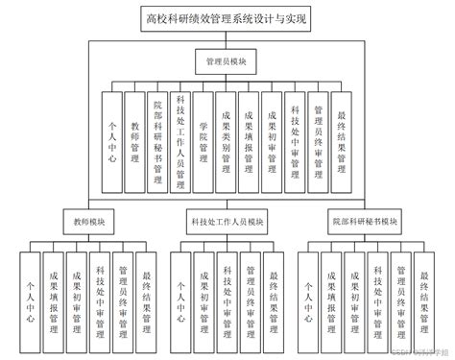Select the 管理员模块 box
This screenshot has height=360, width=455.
click(x=227, y=61)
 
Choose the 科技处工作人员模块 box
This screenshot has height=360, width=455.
click(x=227, y=222)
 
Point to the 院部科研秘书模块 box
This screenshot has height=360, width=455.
click(x=366, y=222)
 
